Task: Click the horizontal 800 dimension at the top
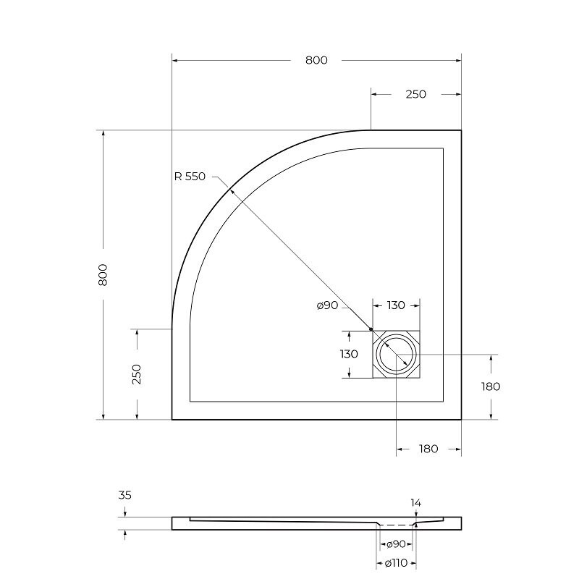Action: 316,60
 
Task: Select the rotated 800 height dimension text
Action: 103,274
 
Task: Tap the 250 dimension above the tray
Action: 415,94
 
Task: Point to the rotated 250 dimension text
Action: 137,373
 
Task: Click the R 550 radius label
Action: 190,177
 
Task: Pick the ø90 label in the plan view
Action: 328,306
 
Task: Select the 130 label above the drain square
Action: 395,305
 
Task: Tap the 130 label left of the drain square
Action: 349,354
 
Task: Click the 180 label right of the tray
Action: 491,386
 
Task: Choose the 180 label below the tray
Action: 428,449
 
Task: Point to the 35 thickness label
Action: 124,496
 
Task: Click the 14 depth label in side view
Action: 415,502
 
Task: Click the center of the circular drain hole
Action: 396,355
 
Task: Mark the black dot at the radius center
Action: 371,329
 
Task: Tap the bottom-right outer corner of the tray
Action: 461,420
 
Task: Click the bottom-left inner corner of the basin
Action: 190,401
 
